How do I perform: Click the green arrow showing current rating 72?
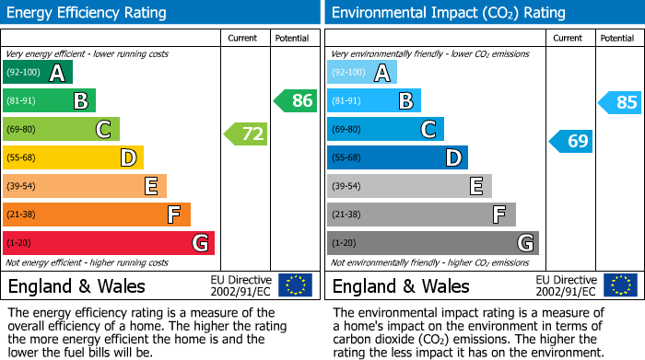246,134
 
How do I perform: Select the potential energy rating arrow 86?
296,101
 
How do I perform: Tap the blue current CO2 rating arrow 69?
571,141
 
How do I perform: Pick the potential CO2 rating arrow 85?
620,102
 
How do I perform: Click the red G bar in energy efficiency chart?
109,243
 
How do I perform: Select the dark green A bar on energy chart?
38,73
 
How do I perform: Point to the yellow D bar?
74,158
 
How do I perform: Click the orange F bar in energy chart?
97,215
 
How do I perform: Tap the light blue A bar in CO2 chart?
362,73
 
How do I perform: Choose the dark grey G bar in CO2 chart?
432,243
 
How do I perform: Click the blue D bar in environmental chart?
397,158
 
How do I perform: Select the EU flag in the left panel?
295,285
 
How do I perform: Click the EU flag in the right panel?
619,285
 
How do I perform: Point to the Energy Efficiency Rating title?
88,13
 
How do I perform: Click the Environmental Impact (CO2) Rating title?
448,13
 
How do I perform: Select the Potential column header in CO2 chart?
617,38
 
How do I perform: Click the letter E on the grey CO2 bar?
476,187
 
